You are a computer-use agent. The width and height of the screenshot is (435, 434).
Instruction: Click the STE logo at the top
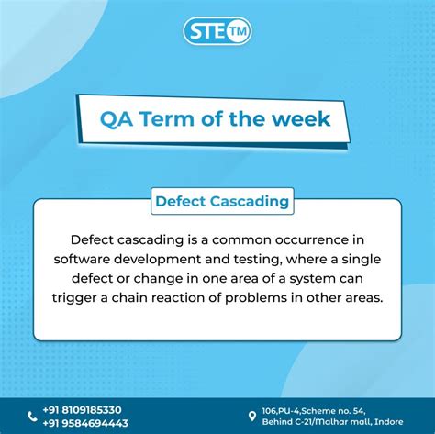point(217,31)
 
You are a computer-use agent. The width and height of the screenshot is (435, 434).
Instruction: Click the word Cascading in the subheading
point(249,200)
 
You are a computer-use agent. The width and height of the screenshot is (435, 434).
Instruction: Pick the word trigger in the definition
point(80,297)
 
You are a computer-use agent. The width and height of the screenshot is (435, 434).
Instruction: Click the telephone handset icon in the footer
point(33,417)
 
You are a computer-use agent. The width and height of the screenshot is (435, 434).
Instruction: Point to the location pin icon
point(252,416)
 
